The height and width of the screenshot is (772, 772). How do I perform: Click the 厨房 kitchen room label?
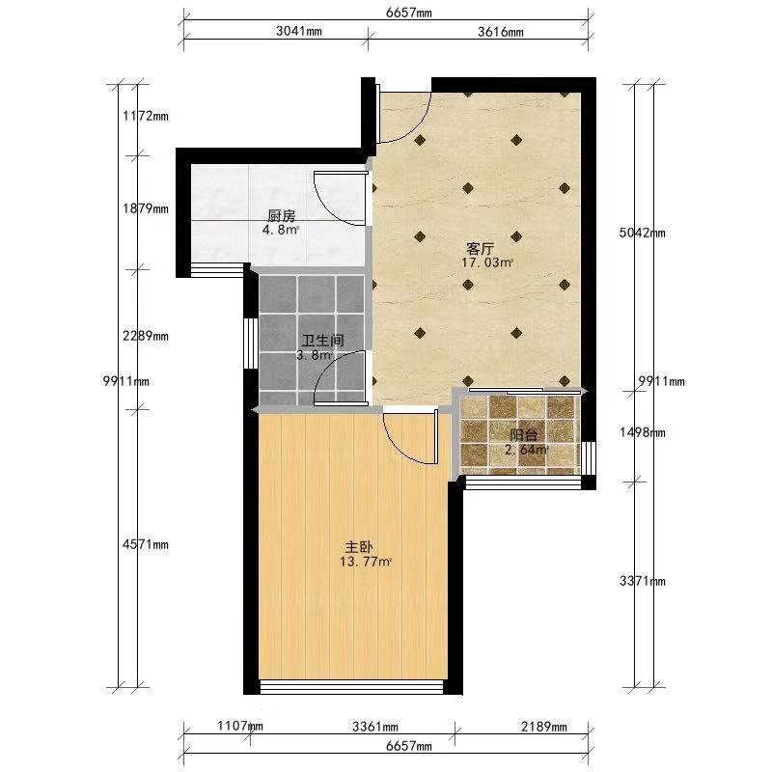(x=281, y=215)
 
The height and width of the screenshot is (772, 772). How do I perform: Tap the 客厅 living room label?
(x=480, y=248)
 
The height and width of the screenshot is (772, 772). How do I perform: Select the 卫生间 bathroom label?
(x=323, y=341)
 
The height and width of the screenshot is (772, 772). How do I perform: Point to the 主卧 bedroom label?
(x=359, y=547)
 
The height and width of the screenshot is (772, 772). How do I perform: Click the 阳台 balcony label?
(x=524, y=435)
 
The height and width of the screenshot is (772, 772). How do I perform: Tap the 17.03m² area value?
(x=487, y=262)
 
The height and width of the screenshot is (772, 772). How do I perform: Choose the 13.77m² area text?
(x=366, y=562)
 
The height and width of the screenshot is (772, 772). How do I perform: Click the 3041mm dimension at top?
(x=299, y=31)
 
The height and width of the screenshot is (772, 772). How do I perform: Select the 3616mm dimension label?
(x=501, y=32)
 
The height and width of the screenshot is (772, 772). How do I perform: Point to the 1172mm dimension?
(x=146, y=116)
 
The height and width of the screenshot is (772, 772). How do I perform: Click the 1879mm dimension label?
(x=146, y=208)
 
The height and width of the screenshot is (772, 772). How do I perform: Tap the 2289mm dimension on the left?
(x=146, y=336)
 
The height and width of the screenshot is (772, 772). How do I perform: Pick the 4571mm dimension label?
(x=146, y=544)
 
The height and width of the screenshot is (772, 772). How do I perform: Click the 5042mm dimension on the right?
(x=642, y=233)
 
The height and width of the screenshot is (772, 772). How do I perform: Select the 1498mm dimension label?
(x=642, y=432)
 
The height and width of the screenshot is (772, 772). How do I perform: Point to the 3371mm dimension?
(x=642, y=582)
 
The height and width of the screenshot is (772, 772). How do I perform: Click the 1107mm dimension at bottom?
(x=239, y=726)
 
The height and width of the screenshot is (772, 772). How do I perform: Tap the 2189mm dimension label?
(x=544, y=727)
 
